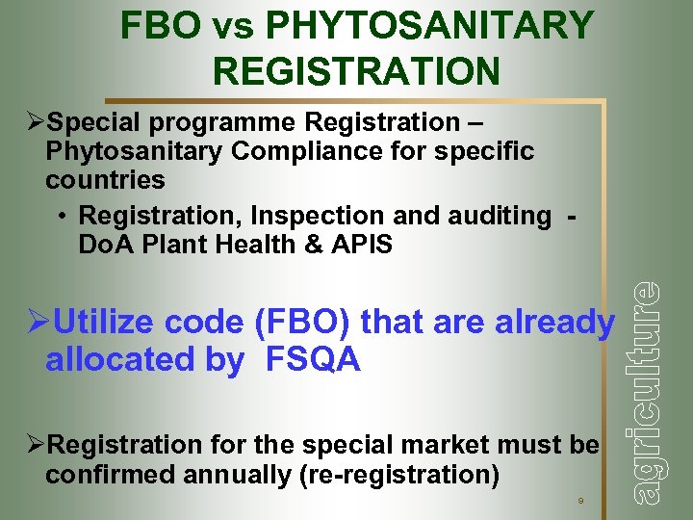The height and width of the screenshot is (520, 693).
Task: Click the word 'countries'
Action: pos(105,180)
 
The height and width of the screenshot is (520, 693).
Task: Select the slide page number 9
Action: pos(579,501)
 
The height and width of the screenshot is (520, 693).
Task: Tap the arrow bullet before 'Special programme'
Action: pos(36,122)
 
